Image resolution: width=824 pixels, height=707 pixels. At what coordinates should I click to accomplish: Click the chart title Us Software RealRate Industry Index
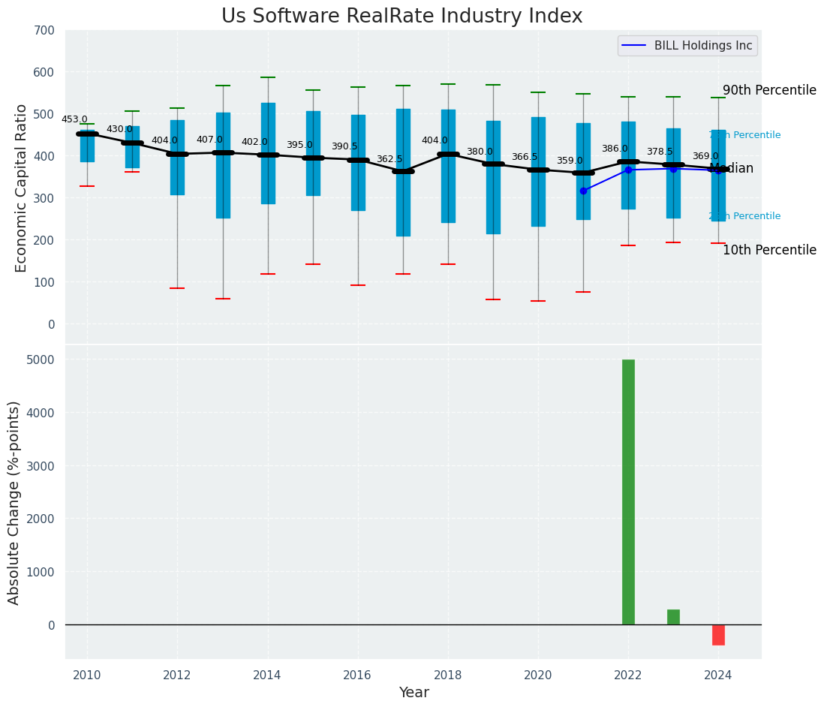point(401,17)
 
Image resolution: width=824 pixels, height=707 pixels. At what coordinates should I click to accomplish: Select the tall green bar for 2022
point(628,492)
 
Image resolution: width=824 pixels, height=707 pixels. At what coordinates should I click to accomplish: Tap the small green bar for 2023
point(673,617)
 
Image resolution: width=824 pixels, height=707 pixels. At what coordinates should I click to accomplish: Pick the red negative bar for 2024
point(718,635)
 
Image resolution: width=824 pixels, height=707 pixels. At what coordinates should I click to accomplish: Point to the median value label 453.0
point(74,119)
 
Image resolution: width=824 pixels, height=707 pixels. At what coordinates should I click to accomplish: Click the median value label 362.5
point(389,159)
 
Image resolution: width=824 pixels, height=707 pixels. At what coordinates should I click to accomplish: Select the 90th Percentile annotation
point(769,90)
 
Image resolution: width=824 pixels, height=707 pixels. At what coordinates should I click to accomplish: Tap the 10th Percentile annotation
point(769,250)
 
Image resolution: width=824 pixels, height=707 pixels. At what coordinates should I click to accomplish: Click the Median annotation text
point(732,169)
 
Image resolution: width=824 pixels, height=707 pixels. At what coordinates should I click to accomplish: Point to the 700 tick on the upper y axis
point(44,30)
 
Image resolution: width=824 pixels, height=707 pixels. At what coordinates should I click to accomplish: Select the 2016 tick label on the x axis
point(357,675)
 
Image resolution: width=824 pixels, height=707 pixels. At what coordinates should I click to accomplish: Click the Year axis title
point(414,693)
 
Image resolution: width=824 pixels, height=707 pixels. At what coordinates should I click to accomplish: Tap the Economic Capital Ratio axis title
point(21,188)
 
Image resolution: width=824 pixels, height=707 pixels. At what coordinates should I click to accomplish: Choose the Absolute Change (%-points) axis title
point(14,502)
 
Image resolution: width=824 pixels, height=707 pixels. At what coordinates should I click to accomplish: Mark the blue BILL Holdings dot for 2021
point(583,191)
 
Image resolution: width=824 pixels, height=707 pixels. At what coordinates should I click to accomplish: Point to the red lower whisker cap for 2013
point(223,299)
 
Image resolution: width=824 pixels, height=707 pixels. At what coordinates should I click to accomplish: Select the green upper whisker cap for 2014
point(268,77)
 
